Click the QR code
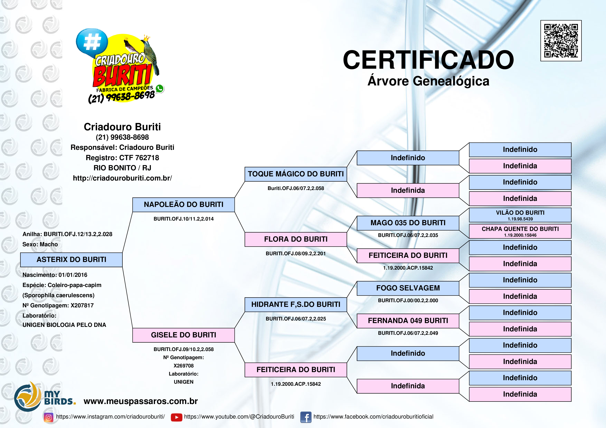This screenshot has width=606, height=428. coord(561,41)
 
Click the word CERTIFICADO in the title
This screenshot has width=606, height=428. coord(428,60)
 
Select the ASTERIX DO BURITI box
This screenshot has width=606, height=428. coord(71,260)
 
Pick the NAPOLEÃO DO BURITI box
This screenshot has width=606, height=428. coord(183,205)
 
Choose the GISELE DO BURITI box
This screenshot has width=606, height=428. coord(183,335)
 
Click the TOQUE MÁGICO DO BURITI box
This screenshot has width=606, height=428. coord(296,174)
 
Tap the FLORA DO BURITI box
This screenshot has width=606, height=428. coord(296,239)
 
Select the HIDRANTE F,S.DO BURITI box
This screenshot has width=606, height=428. coord(296,305)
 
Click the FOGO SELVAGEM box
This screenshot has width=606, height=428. coord(408,288)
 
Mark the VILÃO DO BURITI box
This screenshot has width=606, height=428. coord(520,215)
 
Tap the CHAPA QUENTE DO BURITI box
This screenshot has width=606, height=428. coord(520,231)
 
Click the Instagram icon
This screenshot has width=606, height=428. coord(48,417)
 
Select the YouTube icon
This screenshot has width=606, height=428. coord(176,417)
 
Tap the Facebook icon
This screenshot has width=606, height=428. coord(306,417)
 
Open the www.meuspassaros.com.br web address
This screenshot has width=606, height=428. coord(141,401)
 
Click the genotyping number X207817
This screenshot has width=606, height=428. coord(82,305)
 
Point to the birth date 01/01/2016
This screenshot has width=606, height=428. coord(73,275)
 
